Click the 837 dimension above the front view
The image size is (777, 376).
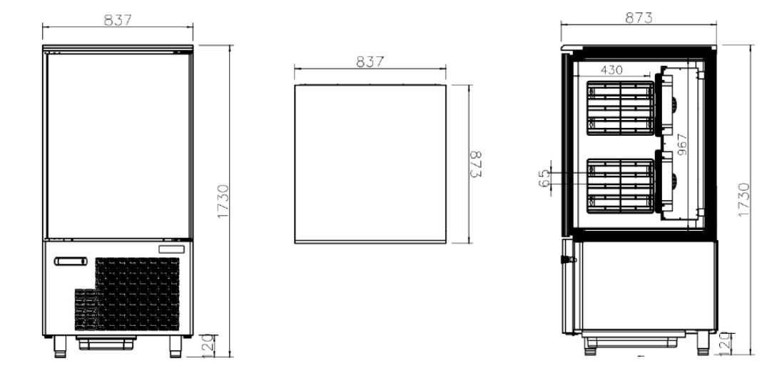118,20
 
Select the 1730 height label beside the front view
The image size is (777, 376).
223,201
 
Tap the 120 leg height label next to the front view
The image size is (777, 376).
208,345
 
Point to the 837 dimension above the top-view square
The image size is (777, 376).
370,61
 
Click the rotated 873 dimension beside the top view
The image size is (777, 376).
475,164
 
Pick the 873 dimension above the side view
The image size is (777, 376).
639,18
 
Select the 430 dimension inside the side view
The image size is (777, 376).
611,70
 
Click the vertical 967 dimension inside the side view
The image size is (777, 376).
682,144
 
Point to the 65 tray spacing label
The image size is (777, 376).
544,178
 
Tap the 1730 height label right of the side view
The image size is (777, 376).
743,199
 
